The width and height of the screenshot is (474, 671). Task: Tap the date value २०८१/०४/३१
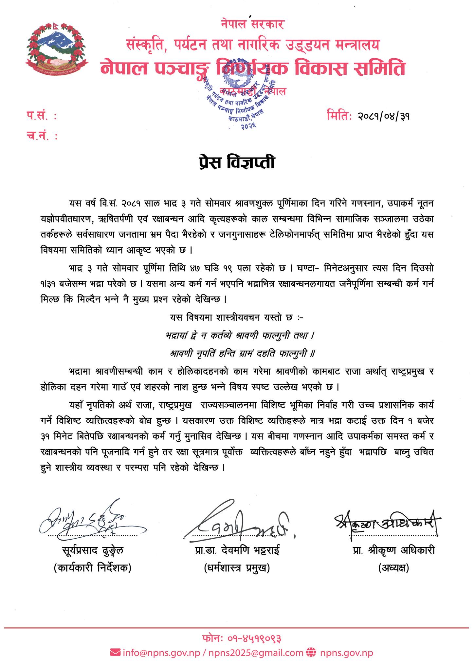coord(384,116)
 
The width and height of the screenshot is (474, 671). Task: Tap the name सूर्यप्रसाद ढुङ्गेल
coord(93,550)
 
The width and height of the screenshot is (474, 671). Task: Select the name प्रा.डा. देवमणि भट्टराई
coord(237,550)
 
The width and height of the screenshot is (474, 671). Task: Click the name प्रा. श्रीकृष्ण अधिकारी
coord(393,550)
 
